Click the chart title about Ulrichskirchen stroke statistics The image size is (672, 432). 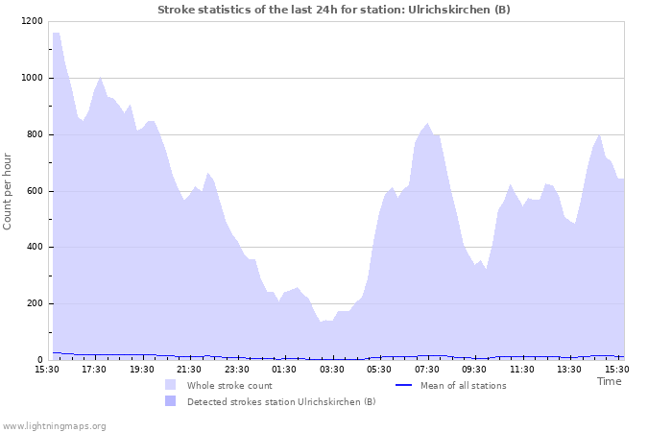point(334,10)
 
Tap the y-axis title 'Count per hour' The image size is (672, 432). point(9,191)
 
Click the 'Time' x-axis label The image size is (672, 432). point(609,381)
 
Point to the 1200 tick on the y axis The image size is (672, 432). point(31,21)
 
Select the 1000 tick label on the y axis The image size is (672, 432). point(31,78)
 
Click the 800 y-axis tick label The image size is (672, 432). point(34,134)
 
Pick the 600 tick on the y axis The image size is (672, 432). point(34,191)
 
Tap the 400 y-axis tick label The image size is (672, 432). point(34,248)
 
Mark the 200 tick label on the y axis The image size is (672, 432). point(34,303)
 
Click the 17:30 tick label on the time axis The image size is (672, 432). point(94,369)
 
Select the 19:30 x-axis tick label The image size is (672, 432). point(141,369)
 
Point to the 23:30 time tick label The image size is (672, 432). point(236,369)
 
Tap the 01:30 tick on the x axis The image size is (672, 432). point(284,369)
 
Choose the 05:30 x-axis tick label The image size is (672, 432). point(379,369)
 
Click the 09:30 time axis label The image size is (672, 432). point(474,369)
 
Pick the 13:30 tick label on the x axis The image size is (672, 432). point(569,369)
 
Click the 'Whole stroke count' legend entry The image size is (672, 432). point(229,385)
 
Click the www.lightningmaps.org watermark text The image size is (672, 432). point(54,425)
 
